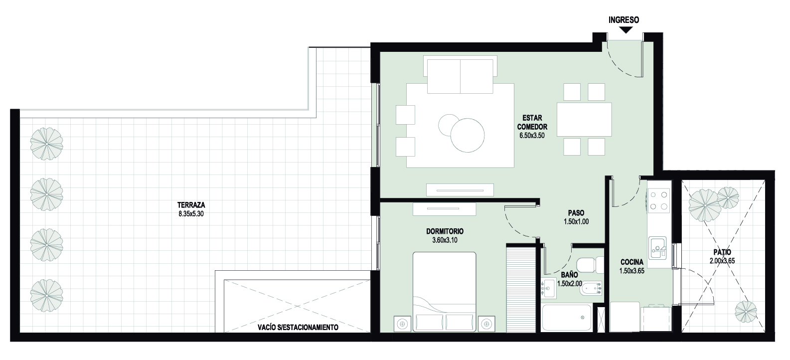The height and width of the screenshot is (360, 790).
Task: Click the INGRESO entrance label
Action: [624, 20]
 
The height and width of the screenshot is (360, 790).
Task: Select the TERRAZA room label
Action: [191, 205]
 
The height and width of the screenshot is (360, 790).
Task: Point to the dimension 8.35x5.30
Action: [191, 213]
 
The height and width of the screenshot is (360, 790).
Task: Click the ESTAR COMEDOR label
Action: [532, 122]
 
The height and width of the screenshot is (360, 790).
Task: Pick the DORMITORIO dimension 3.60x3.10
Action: [445, 240]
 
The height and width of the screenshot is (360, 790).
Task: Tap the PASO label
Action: [576, 213]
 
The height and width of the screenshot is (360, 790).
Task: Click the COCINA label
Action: [632, 262]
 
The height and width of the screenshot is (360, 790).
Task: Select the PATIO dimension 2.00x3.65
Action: [722, 261]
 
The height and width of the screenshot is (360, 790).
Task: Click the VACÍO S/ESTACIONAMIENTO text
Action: [298, 327]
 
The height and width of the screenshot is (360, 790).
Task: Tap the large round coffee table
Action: [468, 135]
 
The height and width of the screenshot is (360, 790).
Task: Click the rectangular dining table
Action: [584, 119]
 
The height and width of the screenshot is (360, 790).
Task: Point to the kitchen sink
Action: [657, 248]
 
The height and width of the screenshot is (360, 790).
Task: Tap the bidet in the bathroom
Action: [591, 289]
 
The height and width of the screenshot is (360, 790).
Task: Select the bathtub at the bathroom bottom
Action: [566, 318]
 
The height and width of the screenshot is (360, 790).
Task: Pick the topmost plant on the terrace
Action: [46, 144]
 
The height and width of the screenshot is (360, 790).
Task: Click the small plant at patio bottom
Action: [746, 312]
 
